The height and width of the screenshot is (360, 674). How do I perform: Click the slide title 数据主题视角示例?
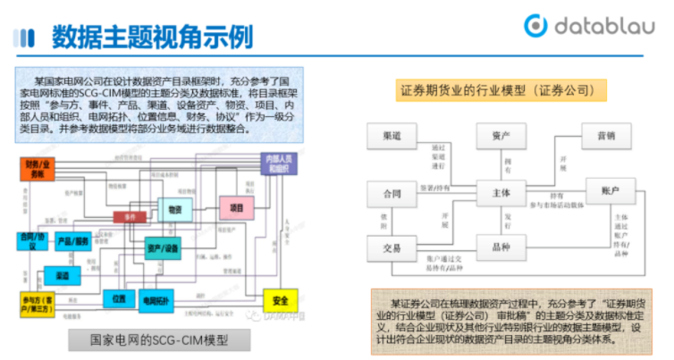tap(152, 37)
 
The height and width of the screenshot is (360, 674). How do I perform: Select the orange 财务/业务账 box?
tap(38, 169)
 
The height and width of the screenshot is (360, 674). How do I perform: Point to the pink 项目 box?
tap(236, 208)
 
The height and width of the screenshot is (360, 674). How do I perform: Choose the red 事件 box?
tap(130, 216)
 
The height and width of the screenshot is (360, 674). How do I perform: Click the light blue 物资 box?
tap(175, 208)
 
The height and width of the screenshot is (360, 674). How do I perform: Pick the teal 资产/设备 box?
tap(163, 247)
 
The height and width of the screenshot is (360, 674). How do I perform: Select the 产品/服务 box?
tap(73, 241)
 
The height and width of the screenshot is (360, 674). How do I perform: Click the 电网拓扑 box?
tap(156, 300)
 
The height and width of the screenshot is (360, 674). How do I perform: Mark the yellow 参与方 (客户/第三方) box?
tap(37, 302)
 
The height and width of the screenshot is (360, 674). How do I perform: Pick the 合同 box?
tap(392, 194)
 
